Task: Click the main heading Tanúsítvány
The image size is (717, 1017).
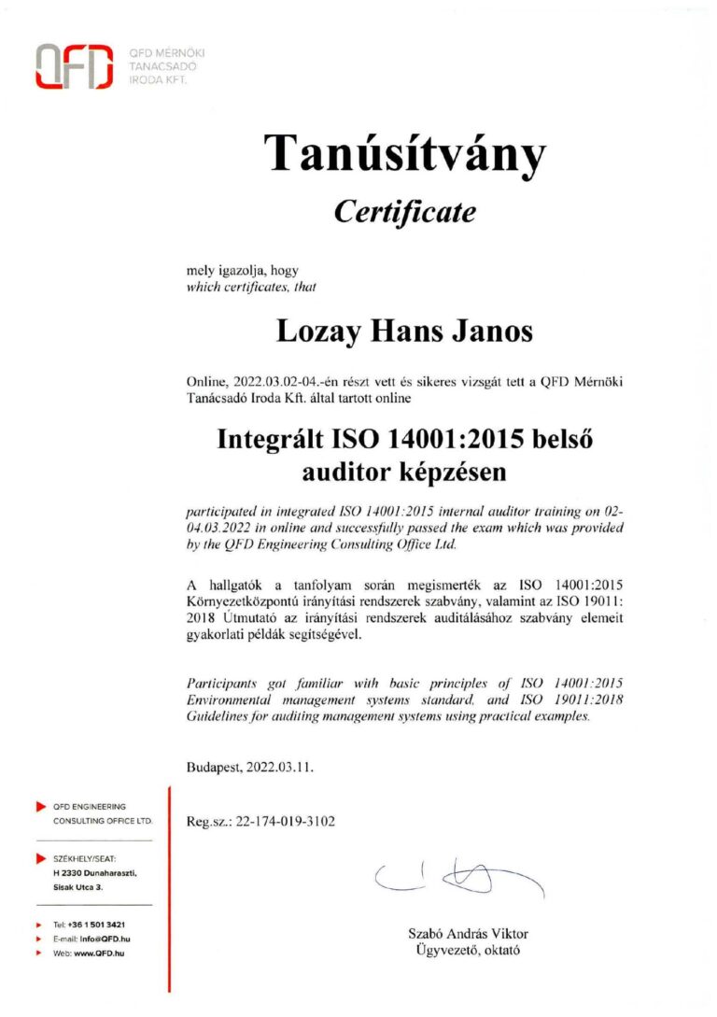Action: tap(404, 153)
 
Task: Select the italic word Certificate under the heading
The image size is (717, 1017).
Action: tap(404, 213)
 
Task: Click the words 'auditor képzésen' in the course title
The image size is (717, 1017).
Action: tap(404, 473)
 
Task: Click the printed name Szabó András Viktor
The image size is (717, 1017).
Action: tap(468, 935)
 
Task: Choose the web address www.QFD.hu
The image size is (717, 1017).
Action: tap(99, 953)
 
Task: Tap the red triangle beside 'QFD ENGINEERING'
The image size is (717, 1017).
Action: tap(40, 806)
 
